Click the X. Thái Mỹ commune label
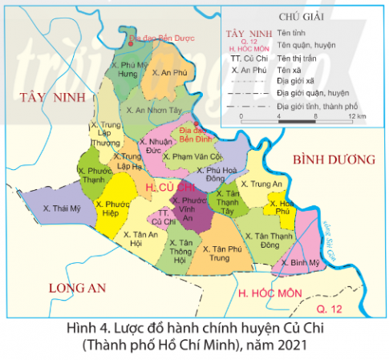(62, 208)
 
